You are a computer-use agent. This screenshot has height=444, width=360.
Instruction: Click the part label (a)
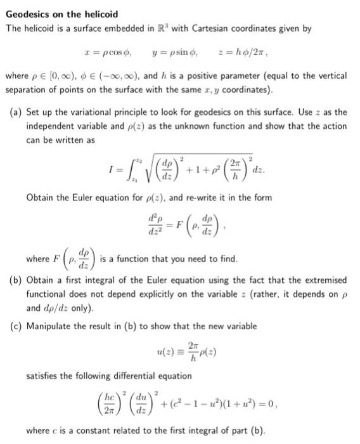17,112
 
